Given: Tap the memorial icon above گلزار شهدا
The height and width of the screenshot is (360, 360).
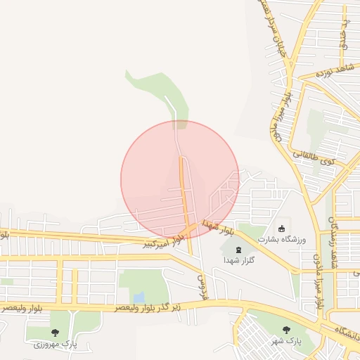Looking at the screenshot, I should tap(238, 250).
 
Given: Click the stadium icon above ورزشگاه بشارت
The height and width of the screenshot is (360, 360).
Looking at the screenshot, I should tap(282, 229).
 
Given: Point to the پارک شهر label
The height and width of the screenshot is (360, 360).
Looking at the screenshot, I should tap(287, 340).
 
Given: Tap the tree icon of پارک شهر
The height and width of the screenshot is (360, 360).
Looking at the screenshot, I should tap(286, 330).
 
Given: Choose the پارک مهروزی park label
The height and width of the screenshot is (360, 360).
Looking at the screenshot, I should tap(55, 344).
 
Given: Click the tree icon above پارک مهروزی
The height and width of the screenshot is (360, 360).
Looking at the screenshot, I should tap(55, 333).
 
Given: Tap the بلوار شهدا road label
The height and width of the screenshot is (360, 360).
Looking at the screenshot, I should tap(219, 227).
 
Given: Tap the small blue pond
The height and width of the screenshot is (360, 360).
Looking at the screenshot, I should tap(139, 297).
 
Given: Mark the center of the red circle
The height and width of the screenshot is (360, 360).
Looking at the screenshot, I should tap(180, 180).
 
